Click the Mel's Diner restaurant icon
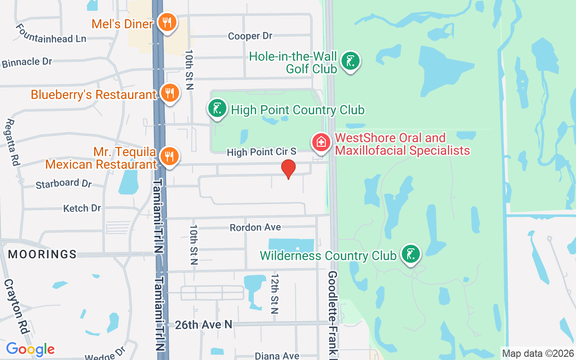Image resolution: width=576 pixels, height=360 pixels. pos(167,23)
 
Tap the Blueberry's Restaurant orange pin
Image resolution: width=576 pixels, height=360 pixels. pos(170,93)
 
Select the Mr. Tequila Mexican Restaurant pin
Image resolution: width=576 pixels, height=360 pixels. pos(170,157)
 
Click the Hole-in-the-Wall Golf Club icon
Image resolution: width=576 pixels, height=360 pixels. pos(350,61)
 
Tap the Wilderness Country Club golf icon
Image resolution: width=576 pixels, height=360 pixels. pos(410,255)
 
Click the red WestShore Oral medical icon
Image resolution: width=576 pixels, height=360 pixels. pos(321,143)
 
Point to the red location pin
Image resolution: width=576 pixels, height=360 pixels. pos(288,169)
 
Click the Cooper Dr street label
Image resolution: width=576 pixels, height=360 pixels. pos(250,36)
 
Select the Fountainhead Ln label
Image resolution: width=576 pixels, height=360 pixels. pos(50,34)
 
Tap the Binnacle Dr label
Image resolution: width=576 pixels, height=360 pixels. pos(27,62)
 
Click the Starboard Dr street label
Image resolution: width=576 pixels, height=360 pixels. pos(63,184)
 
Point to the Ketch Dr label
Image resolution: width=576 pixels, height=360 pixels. pos(82,208)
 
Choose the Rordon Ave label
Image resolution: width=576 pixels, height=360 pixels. pos(255,227)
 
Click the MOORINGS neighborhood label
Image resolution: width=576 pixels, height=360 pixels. pos(42,254)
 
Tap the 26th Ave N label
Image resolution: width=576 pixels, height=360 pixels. pos(203,324)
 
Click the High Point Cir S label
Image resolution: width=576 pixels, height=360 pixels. pos(261,152)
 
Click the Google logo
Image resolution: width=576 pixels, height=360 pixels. pos(30,349)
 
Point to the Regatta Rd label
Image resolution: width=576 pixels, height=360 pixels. pos(13,142)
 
